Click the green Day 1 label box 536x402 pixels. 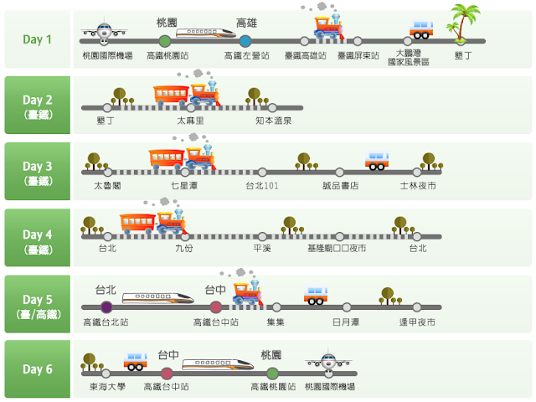click(x=37, y=39)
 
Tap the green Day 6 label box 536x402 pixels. click(x=37, y=369)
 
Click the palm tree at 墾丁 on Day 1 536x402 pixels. click(x=462, y=22)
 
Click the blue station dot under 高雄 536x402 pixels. click(x=245, y=40)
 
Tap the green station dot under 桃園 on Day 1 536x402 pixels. click(x=165, y=40)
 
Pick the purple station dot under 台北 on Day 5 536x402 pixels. click(x=106, y=307)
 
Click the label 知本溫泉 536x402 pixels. click(x=274, y=121)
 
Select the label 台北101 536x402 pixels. click(x=261, y=186)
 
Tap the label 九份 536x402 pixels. click(x=183, y=249)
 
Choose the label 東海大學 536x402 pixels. click(x=106, y=387)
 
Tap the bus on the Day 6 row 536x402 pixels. click(x=136, y=361)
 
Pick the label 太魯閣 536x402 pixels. click(x=106, y=186)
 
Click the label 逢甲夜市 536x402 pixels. click(x=417, y=322)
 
